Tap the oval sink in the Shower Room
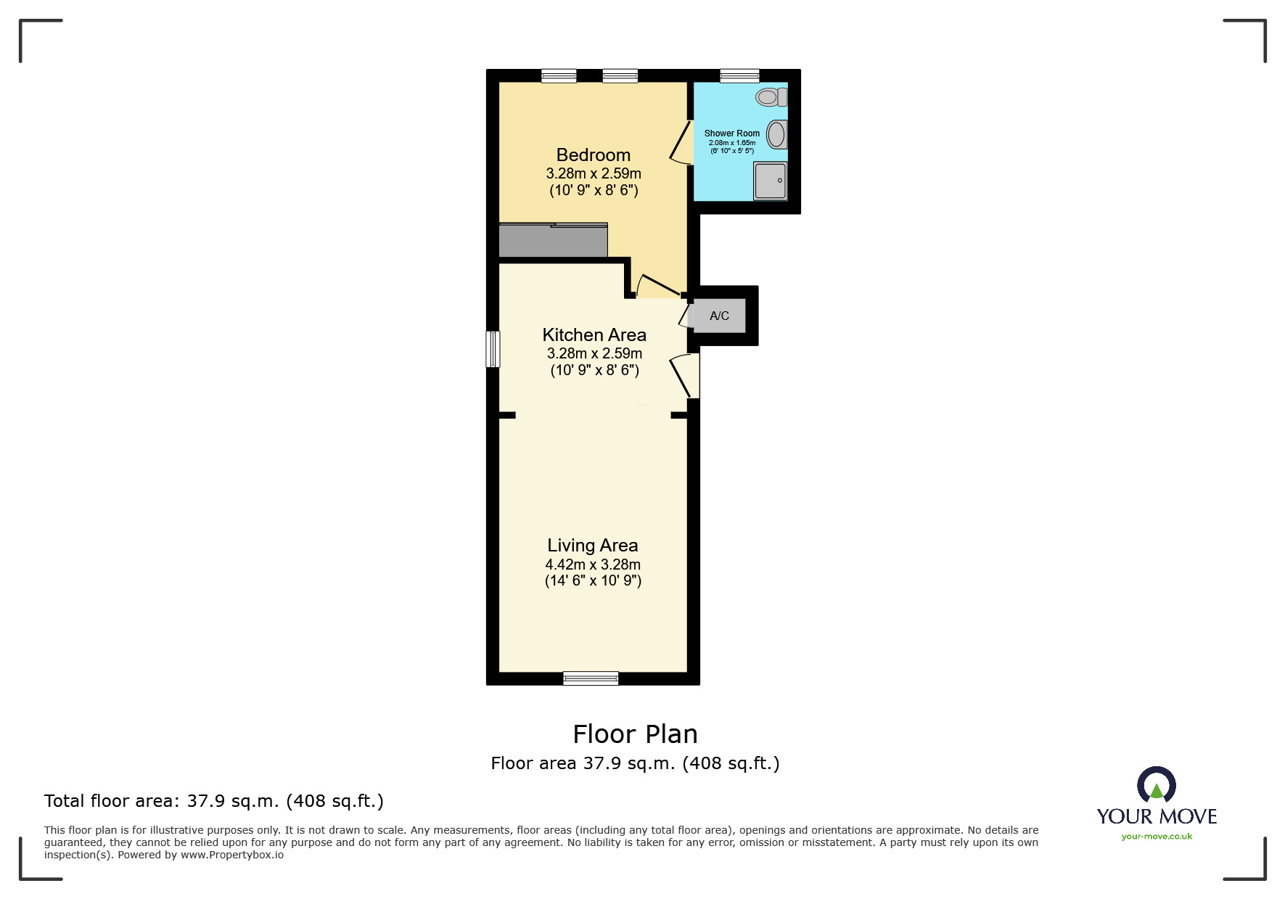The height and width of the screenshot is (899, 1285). point(776,135)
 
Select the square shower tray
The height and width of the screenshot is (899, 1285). point(770,180)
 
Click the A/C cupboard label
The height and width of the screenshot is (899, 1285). point(719,316)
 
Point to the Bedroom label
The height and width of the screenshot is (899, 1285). point(593,155)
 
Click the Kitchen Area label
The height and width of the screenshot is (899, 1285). point(594,334)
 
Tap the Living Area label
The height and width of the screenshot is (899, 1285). point(592,545)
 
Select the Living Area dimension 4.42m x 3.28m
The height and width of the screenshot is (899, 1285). point(593,565)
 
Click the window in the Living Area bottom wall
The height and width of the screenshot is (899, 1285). point(591,678)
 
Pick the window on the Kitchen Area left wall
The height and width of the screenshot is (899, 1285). point(493,349)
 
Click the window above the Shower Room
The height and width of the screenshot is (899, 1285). point(739,75)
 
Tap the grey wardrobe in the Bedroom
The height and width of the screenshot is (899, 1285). point(553,241)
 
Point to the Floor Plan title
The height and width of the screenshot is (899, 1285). point(635,734)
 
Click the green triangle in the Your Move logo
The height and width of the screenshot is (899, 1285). point(1157,791)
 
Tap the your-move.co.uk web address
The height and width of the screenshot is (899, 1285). point(1157,837)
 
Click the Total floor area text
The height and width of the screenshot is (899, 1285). point(213,801)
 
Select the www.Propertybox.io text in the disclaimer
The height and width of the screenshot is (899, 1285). point(231,855)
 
